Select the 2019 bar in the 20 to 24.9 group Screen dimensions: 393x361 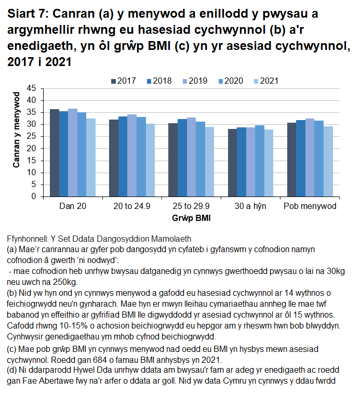131,155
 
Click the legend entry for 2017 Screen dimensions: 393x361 123,81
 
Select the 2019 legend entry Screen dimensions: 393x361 194,81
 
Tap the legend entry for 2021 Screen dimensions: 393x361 265,81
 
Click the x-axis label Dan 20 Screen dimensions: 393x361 73,206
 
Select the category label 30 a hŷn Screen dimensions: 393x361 251,206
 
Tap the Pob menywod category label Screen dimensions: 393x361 310,206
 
